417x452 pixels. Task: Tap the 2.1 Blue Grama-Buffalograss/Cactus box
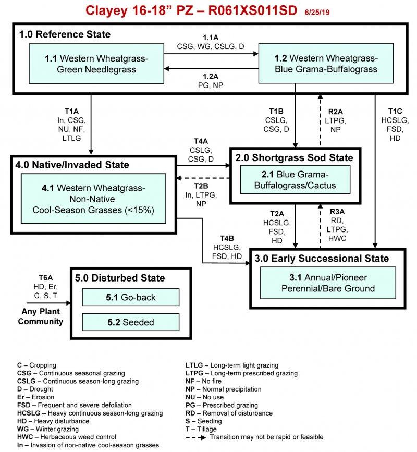(x=295, y=180)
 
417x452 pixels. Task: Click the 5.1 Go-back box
(x=130, y=297)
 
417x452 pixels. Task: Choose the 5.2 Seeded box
(x=130, y=322)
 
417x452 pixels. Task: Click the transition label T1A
(x=71, y=112)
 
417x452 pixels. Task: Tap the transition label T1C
(x=395, y=112)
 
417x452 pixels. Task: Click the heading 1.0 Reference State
(x=65, y=34)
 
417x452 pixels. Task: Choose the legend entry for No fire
(x=206, y=381)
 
